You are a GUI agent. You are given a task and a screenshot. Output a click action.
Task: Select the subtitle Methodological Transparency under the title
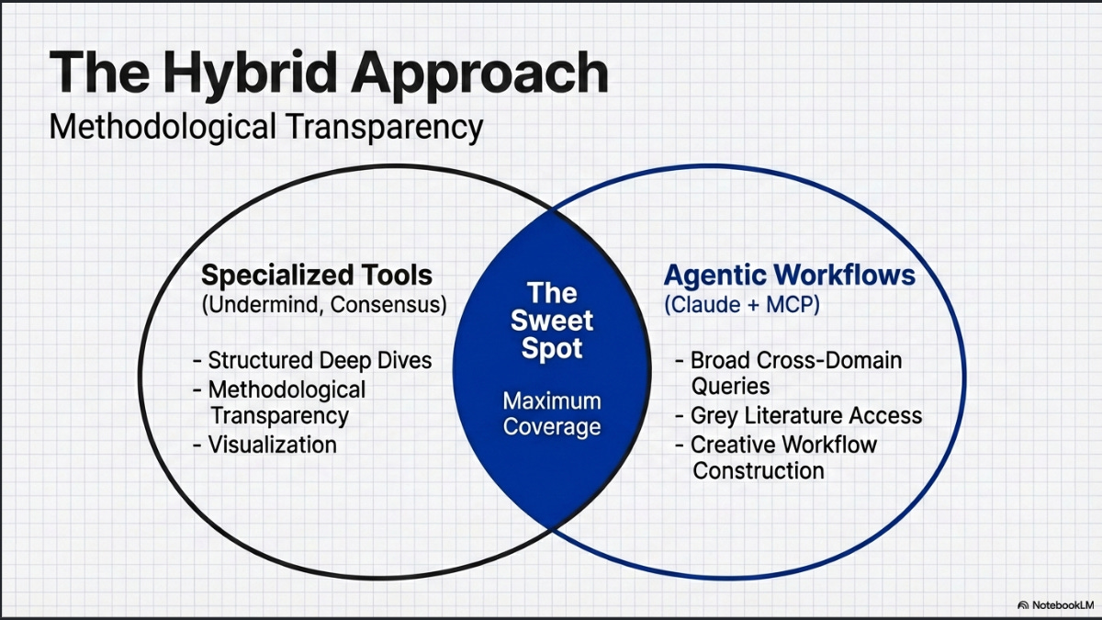tap(266, 127)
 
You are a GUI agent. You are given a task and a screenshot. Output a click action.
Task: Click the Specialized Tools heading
tap(317, 275)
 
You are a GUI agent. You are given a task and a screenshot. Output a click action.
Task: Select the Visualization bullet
tap(273, 445)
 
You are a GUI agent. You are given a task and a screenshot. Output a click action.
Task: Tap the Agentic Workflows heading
tap(790, 275)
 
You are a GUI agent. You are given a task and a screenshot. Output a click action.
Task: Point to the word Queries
tap(731, 386)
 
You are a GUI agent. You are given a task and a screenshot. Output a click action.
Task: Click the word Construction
tap(759, 471)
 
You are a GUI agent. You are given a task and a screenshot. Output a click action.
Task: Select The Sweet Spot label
tap(552, 321)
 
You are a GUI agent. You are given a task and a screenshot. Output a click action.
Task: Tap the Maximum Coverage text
tap(552, 413)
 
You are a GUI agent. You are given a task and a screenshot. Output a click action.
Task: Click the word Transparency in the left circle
tap(280, 415)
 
